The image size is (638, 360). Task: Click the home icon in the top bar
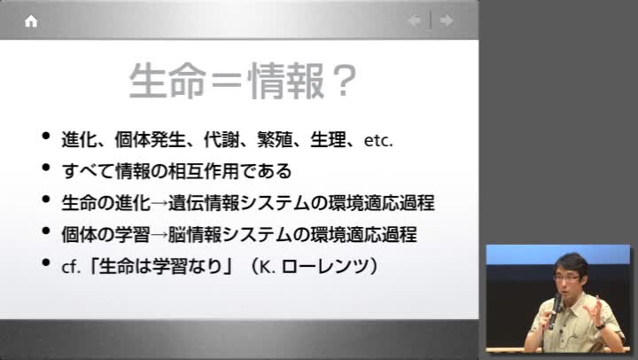(31, 21)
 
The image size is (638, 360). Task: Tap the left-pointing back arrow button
(415, 20)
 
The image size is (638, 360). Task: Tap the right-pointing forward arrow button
(447, 20)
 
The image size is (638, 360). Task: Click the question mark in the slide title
(344, 81)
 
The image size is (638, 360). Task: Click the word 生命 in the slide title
(167, 81)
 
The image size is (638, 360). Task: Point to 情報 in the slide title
(285, 81)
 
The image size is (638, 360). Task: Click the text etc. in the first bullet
(378, 140)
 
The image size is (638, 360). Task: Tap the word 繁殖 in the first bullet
(275, 140)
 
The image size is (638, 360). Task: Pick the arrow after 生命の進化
(159, 203)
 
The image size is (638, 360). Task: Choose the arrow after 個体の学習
(159, 235)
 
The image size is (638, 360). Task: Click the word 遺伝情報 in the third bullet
(204, 203)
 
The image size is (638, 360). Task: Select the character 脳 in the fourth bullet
(176, 235)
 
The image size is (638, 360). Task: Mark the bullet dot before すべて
(46, 167)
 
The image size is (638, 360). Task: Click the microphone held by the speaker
(555, 311)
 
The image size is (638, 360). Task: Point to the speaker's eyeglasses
(567, 278)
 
